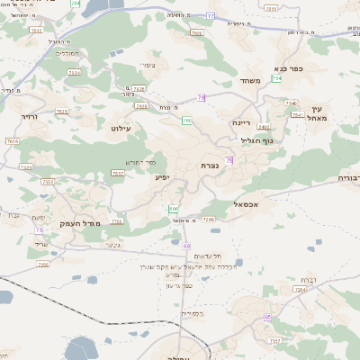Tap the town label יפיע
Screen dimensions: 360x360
coord(162,177)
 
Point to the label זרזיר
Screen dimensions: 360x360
coord(31,116)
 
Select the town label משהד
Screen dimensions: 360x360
coord(249,81)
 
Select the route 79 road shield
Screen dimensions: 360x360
coord(201,97)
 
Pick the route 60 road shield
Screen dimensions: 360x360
coord(186,246)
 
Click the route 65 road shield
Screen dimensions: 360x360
coord(268,317)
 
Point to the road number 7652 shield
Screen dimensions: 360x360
coord(118,173)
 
